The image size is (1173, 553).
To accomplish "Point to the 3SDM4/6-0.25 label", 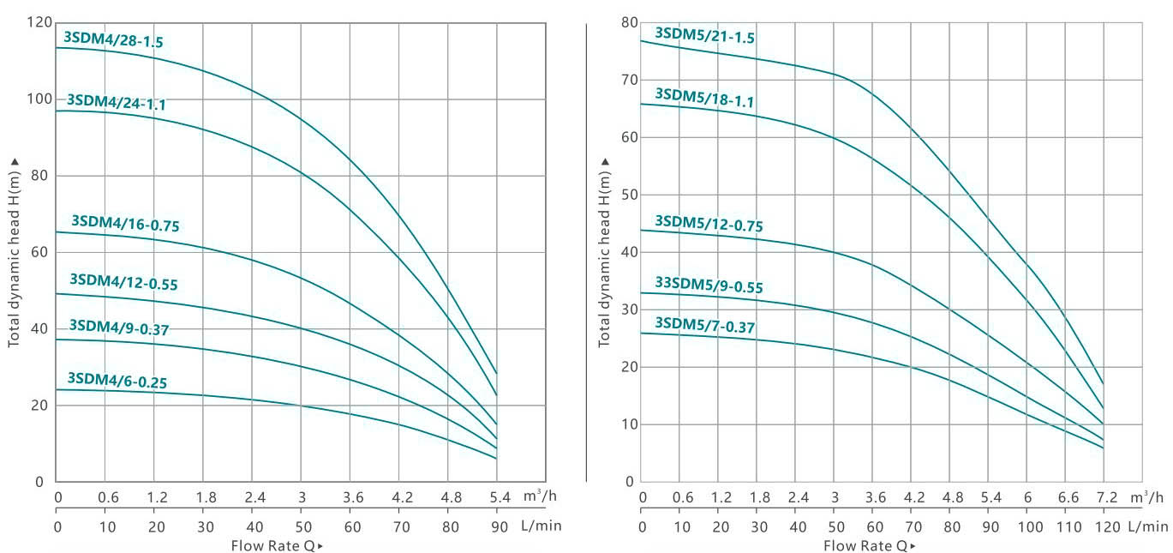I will point(117,380).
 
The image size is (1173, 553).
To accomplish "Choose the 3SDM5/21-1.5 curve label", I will point(704,35).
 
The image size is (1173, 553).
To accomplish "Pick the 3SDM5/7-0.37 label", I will point(704,324).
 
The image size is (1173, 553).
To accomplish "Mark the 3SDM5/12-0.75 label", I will point(709,225).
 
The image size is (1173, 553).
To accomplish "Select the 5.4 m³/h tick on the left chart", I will point(500,497).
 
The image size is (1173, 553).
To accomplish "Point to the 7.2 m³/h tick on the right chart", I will point(1107,497).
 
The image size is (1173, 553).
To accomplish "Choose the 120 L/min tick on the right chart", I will point(1107,526).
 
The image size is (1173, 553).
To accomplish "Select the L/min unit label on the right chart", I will point(1147,526).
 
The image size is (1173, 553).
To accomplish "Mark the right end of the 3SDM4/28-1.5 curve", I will point(496,373).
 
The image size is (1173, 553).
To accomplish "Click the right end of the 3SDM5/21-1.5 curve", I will point(1103,383).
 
